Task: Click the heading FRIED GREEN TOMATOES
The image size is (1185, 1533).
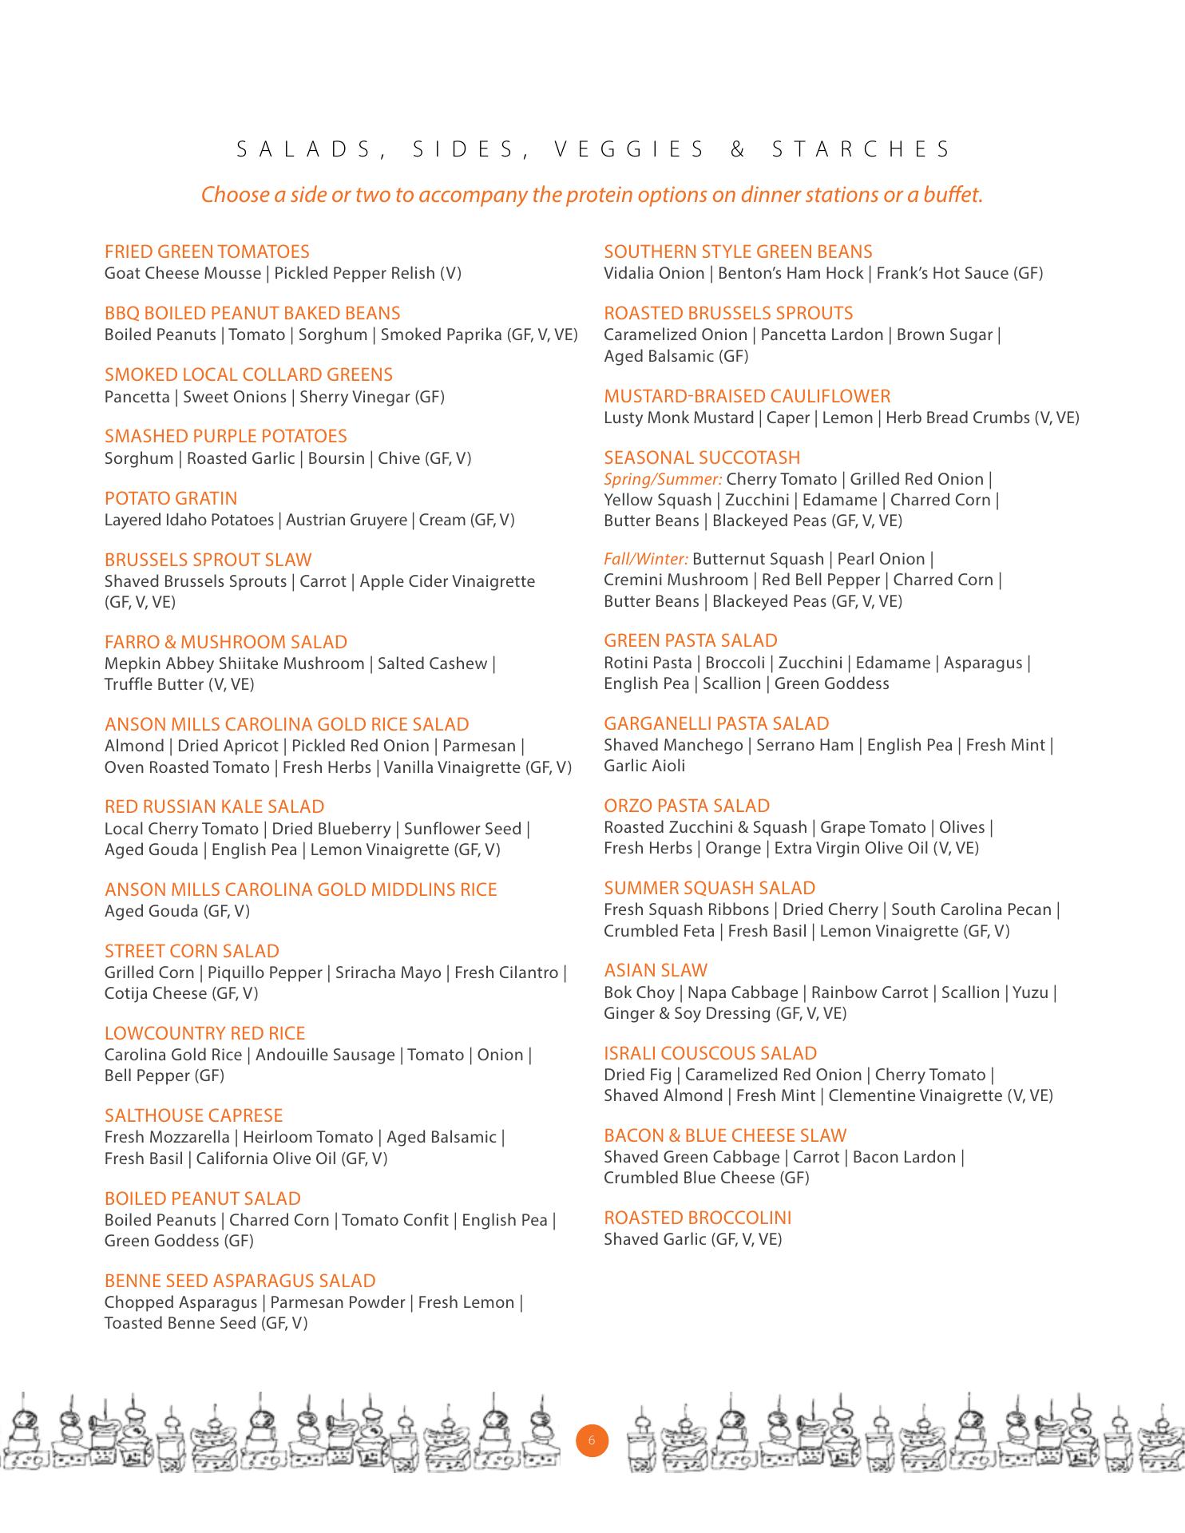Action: pos(207,252)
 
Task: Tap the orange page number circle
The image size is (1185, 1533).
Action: pos(592,1440)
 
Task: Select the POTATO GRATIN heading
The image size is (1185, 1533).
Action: pos(171,498)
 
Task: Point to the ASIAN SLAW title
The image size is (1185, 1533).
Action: pos(656,970)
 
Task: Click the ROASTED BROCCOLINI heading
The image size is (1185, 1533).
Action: pos(698,1218)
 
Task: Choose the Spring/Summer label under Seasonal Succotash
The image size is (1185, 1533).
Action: pos(663,479)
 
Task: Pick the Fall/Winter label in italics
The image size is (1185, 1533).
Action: pos(645,559)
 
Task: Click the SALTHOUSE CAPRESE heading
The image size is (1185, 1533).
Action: pos(194,1115)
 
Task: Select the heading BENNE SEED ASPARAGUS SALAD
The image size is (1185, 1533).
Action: pos(240,1281)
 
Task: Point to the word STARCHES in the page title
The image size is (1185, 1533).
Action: pos(862,149)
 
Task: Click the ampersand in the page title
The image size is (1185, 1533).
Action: pos(738,149)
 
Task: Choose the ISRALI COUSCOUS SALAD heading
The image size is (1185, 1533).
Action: pos(711,1053)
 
